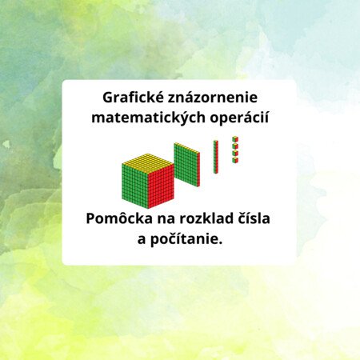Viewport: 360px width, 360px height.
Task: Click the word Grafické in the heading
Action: pos(133,98)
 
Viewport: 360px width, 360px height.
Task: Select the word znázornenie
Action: pos(213,98)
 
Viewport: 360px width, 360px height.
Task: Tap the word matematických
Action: pos(148,118)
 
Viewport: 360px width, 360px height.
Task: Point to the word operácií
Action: pos(239,118)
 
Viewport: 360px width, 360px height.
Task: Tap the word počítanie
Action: pos(186,239)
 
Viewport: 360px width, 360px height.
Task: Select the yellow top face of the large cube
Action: pos(148,163)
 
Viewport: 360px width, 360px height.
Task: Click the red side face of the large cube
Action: pos(161,186)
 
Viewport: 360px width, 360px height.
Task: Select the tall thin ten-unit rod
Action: pos(216,157)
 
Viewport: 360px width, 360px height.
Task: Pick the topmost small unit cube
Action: pos(235,139)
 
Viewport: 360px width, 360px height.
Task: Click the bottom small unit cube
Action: pos(235,160)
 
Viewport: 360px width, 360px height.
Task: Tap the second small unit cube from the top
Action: pos(235,146)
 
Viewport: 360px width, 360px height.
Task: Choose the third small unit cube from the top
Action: pos(235,153)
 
